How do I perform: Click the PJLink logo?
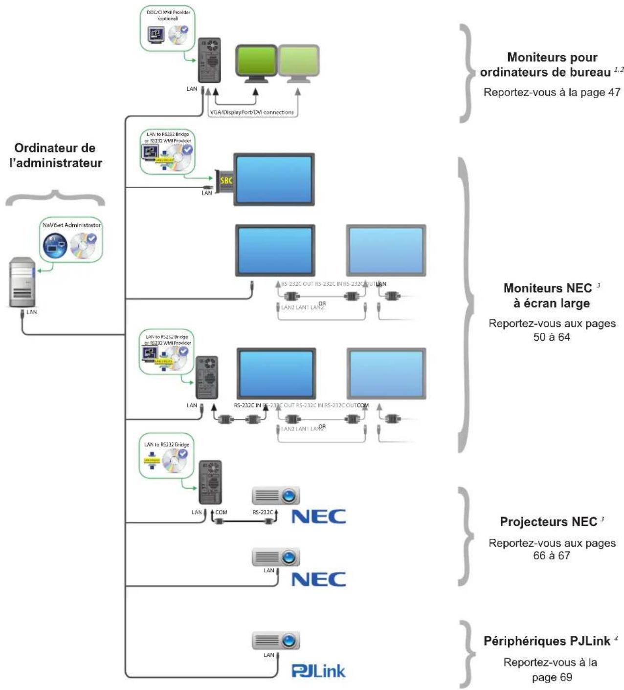[318, 671]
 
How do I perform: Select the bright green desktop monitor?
[256, 63]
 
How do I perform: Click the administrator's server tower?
[22, 282]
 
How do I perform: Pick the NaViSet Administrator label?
[71, 225]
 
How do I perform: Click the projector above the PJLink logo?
[276, 641]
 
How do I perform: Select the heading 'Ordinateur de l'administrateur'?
[55, 155]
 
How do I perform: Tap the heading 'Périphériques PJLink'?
[547, 641]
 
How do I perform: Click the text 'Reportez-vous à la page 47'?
[552, 92]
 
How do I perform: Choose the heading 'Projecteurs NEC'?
[548, 522]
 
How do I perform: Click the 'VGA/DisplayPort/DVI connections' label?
[252, 112]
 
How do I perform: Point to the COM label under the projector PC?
[221, 513]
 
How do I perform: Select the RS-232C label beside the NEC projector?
[263, 513]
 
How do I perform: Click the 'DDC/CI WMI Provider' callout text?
[168, 15]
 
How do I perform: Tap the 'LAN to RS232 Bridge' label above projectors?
[167, 445]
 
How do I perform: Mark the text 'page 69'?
[552, 678]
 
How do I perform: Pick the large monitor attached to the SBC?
[274, 179]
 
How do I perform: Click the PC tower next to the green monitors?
[209, 60]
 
